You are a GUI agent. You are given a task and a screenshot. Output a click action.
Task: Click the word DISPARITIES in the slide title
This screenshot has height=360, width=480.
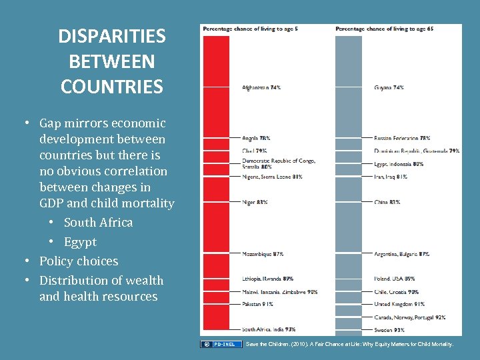(x=111, y=36)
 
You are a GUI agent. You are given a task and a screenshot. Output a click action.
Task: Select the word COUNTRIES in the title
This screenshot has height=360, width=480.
(x=111, y=87)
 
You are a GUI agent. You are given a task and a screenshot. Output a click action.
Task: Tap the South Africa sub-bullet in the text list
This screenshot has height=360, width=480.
(x=98, y=223)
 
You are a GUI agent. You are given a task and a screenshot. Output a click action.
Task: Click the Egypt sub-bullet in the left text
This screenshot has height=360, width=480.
(x=80, y=242)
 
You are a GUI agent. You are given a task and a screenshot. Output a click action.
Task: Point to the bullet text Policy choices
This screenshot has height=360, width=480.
(x=79, y=261)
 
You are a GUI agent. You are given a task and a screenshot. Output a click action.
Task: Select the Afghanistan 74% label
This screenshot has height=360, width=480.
(x=261, y=87)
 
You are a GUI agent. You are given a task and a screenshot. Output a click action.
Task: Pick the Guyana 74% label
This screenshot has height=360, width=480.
(x=389, y=87)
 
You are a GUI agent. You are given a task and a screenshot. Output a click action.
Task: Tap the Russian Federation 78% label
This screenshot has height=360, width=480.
(x=402, y=138)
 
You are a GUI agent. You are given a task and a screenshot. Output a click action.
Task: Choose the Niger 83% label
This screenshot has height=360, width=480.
(x=255, y=201)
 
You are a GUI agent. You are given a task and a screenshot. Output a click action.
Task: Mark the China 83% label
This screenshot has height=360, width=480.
(x=387, y=201)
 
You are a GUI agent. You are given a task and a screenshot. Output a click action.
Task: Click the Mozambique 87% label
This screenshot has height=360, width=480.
(x=263, y=254)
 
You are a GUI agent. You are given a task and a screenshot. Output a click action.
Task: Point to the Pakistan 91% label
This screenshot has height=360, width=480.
(x=257, y=304)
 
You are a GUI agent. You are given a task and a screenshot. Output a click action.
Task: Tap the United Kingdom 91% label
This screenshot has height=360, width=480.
(x=399, y=304)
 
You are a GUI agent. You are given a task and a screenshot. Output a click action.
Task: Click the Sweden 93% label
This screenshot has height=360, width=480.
(x=389, y=329)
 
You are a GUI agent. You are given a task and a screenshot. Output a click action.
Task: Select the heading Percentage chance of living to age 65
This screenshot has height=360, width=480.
(x=384, y=29)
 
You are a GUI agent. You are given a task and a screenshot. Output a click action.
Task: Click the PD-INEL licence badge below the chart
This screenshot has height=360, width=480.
(x=222, y=344)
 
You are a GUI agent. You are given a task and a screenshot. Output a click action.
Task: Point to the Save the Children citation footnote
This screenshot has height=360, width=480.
(x=349, y=344)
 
